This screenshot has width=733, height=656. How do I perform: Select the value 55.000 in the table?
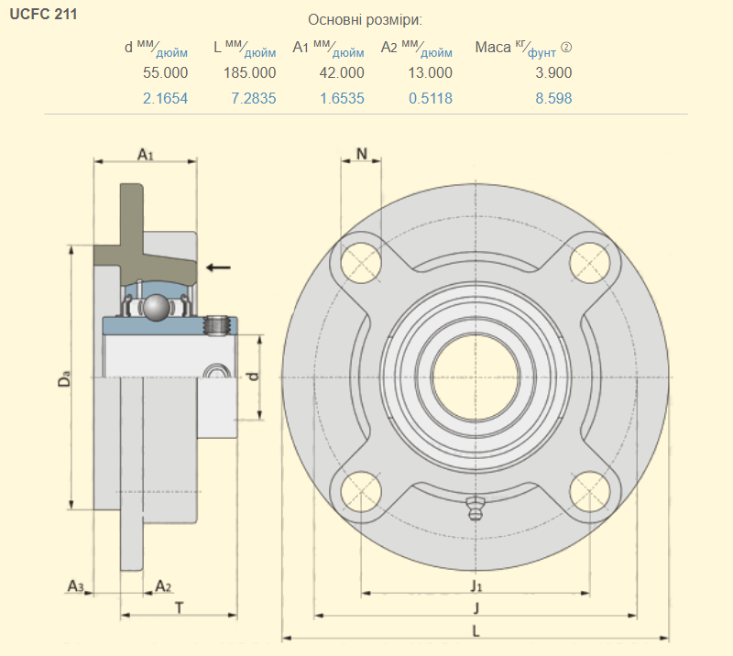(166, 72)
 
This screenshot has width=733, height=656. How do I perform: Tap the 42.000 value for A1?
(342, 72)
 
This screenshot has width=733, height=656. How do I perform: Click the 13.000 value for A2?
(430, 72)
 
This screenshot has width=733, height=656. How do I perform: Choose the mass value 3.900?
(553, 72)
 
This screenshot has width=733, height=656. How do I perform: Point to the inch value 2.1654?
(166, 98)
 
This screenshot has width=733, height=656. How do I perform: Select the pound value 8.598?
(553, 98)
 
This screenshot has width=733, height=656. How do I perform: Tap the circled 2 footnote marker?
(566, 48)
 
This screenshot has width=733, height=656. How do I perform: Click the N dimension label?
(362, 154)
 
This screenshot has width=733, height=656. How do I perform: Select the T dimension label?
(179, 607)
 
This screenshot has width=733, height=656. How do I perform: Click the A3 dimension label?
(77, 585)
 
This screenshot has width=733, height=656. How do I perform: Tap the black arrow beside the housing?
(218, 267)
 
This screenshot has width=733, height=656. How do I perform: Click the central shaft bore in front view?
(473, 377)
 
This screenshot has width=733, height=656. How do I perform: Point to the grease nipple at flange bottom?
(474, 508)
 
